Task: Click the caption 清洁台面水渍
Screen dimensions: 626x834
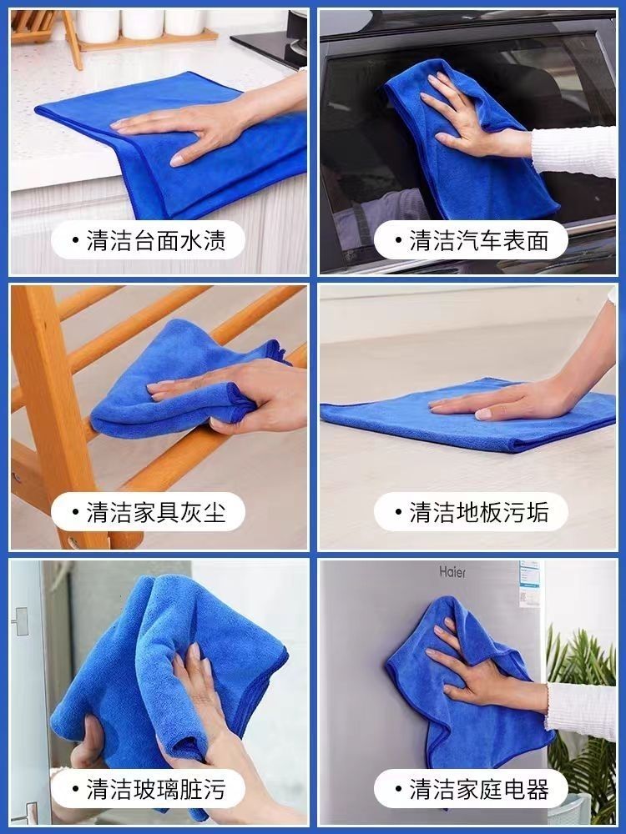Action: tap(156, 240)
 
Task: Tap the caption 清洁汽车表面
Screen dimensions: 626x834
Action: tap(478, 240)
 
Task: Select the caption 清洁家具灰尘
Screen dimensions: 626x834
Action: tap(156, 512)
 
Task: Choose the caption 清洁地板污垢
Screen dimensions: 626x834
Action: tap(478, 512)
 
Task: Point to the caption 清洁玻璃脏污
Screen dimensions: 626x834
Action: tap(156, 789)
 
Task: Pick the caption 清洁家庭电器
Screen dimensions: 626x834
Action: tap(478, 789)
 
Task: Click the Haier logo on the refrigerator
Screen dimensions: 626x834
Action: tap(452, 572)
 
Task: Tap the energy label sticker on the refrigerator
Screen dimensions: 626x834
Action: tap(529, 583)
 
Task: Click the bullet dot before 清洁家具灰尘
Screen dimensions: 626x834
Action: tap(76, 512)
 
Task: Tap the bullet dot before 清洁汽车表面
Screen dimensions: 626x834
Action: tap(398, 240)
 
